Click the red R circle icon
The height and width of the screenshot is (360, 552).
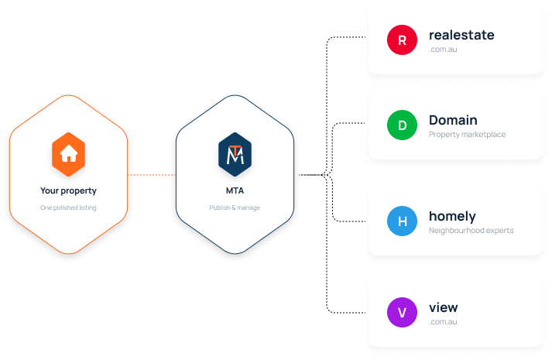pos(402,39)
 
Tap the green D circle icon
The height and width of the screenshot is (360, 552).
pos(402,125)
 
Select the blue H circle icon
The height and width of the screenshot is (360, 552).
pos(402,221)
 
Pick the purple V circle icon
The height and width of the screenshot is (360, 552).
pos(402,313)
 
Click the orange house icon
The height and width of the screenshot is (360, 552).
pos(69,155)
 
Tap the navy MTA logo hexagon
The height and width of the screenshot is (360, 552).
pos(235,155)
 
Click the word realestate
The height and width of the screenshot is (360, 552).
pos(461,35)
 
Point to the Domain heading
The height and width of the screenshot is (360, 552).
pos(453,120)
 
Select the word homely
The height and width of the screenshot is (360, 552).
pos(452,217)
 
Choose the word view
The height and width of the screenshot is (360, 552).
pos(443,307)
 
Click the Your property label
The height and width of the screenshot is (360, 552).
pos(68,190)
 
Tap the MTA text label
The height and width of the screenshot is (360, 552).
pos(235,190)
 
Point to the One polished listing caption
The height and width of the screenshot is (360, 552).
pos(68,207)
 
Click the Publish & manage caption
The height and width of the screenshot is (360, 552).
pos(235,207)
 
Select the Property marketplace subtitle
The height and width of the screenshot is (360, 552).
pos(467,135)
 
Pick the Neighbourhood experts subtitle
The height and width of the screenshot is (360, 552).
pos(471,231)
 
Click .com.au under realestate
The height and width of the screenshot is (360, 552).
pos(443,50)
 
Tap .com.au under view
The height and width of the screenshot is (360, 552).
pos(443,321)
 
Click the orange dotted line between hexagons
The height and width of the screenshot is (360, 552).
pos(152,174)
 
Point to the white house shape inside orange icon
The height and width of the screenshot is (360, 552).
pos(69,153)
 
